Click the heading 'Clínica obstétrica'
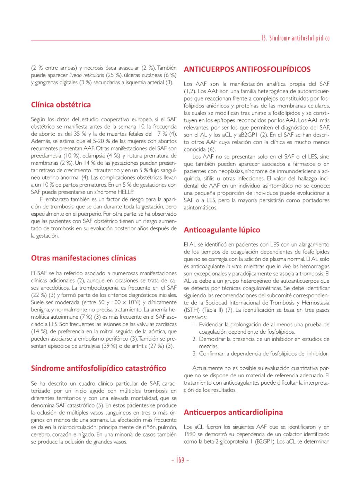61,105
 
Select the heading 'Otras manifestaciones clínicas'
84,258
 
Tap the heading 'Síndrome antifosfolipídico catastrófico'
98,368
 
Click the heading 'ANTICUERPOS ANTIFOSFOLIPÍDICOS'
247,69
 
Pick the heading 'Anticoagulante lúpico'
222,230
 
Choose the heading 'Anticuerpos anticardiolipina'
233,412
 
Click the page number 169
180,461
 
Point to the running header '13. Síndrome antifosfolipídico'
295,38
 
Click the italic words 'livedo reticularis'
87,75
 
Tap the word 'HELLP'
126,192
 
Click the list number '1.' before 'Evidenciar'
195,325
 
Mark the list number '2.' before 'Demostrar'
195,339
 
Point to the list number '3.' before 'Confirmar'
195,354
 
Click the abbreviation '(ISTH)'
192,310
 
